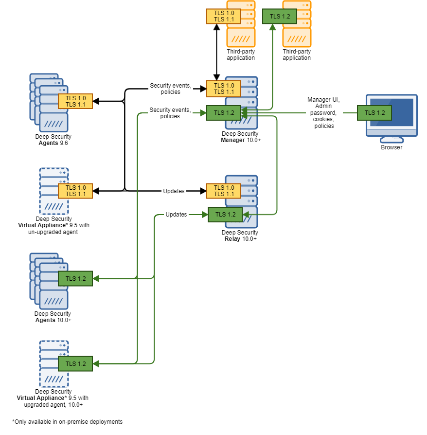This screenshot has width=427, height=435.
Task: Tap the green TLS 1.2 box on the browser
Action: (x=374, y=112)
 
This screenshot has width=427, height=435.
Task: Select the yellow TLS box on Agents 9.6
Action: (x=75, y=101)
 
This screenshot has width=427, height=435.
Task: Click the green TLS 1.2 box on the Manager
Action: (x=224, y=112)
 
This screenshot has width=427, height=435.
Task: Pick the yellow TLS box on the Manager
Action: (x=224, y=89)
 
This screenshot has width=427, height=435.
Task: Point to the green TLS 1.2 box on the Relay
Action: (x=225, y=215)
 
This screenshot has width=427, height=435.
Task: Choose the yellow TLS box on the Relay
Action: (x=224, y=191)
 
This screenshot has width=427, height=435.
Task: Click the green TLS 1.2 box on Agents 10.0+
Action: (x=75, y=279)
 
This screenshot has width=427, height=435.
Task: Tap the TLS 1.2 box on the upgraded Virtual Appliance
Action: (x=75, y=363)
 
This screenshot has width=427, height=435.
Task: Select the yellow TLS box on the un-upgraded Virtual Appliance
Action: (x=75, y=191)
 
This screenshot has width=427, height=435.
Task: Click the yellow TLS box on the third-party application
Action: (x=224, y=16)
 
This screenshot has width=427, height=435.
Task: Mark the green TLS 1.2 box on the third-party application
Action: (x=280, y=16)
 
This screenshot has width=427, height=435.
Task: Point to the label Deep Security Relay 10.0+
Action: (x=240, y=236)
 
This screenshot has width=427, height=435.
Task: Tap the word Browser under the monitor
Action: (x=391, y=147)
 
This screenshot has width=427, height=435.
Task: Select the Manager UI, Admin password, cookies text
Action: (x=324, y=113)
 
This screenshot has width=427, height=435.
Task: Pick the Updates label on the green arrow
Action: (x=176, y=215)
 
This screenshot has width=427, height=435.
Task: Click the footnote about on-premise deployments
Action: (x=67, y=422)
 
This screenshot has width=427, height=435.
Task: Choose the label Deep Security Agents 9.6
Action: (x=53, y=140)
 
